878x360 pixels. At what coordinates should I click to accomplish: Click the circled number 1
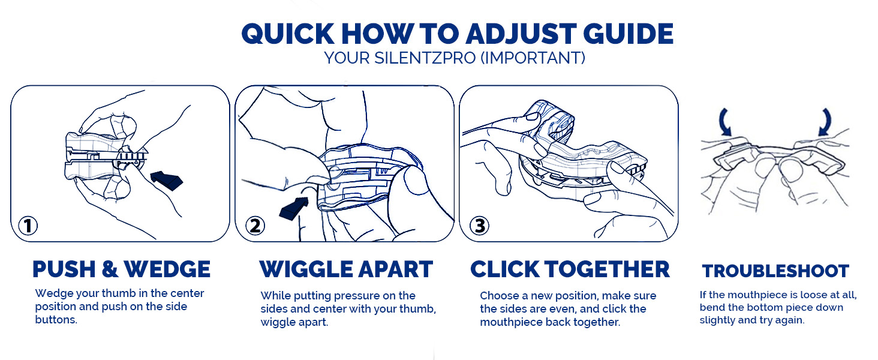28,226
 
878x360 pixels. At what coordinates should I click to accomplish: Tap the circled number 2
255,226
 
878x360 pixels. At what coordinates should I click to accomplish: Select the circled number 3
479,226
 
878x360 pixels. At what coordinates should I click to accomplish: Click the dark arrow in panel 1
167,181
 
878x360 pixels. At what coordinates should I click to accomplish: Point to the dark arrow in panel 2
294,209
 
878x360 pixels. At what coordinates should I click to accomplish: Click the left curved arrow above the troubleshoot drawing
724,122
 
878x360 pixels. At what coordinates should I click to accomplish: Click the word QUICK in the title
288,34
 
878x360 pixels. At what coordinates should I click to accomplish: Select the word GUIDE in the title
629,34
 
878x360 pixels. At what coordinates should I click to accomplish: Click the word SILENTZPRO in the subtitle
425,58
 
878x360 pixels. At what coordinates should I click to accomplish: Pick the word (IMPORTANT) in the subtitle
533,58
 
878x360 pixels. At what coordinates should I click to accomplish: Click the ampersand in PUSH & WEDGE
110,269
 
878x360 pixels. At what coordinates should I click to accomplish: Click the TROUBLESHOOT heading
775,271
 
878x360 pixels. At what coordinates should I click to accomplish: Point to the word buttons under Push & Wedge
56,320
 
